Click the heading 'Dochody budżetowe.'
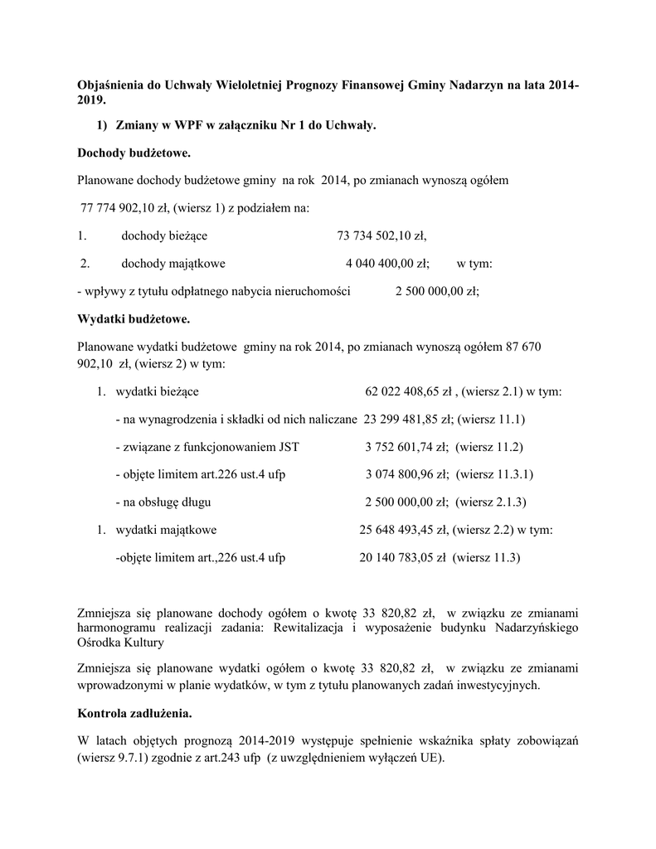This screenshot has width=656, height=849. click(x=134, y=153)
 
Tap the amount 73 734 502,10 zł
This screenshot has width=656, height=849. click(x=381, y=236)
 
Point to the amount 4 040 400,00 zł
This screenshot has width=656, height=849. click(x=387, y=264)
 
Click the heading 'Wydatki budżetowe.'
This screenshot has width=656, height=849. click(x=134, y=318)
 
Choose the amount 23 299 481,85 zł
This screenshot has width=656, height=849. click(x=406, y=420)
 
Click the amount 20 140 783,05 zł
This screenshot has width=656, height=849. click(x=403, y=558)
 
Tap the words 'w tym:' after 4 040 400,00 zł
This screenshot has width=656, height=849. click(x=474, y=264)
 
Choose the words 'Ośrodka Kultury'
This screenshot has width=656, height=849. click(x=120, y=643)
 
